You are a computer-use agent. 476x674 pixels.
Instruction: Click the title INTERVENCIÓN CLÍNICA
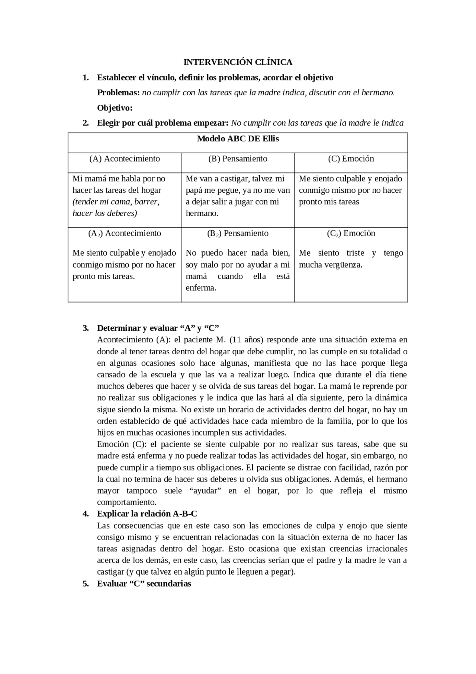click(238, 62)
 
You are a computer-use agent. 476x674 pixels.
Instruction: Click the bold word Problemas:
click(118, 93)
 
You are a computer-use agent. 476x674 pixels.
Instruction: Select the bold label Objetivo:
click(115, 108)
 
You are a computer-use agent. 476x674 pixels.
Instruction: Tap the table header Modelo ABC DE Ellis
click(238, 139)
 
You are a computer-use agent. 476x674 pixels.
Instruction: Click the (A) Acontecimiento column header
click(125, 159)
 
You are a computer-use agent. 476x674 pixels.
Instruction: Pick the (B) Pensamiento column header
click(238, 159)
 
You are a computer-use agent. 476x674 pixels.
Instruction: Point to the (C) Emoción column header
click(351, 159)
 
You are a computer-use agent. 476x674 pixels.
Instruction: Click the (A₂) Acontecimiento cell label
click(125, 233)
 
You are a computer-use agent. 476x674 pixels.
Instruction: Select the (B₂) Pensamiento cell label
click(238, 233)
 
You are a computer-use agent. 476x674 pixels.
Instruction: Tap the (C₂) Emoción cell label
click(351, 233)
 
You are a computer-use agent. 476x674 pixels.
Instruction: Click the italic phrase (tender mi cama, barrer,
click(116, 202)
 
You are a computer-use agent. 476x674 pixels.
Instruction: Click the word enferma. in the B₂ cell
click(201, 288)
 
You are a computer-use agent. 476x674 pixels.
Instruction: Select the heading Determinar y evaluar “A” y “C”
click(158, 328)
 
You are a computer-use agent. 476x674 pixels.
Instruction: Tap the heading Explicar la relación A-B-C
click(147, 514)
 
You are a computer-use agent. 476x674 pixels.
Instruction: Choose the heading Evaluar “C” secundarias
click(144, 583)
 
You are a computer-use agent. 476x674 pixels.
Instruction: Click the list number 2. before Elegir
click(86, 123)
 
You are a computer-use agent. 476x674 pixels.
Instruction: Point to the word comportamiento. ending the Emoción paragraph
click(126, 502)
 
